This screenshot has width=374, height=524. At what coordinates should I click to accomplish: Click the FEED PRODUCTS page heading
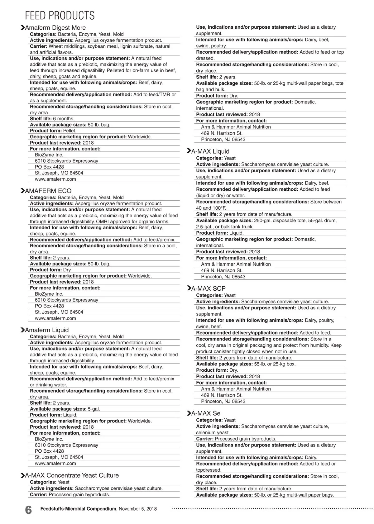pyautogui.click(x=60, y=16)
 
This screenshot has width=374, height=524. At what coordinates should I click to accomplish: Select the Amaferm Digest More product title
pyautogui.click(x=55, y=28)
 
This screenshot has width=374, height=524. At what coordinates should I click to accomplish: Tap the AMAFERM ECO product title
pyautogui.click(x=48, y=191)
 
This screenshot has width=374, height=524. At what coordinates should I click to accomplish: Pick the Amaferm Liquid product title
pyautogui.click(x=47, y=330)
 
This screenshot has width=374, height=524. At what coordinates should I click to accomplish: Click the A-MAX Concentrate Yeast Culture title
pyautogui.click(x=72, y=475)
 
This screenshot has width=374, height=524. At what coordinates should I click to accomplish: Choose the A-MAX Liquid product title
pyautogui.click(x=210, y=151)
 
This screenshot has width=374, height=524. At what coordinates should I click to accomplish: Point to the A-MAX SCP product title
pyautogui.click(x=208, y=288)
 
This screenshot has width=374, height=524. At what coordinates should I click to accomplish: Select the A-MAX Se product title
pyautogui.click(x=206, y=413)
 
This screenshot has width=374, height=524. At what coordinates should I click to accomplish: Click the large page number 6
pyautogui.click(x=28, y=510)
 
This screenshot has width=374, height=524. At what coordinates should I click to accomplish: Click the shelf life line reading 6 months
pyautogui.click(x=52, y=119)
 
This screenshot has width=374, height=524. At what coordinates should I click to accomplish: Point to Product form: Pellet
pyautogui.click(x=53, y=131)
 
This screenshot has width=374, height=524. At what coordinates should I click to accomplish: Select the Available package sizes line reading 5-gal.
pyautogui.click(x=65, y=409)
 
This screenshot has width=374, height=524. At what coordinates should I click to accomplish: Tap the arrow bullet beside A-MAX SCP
pyautogui.click(x=189, y=288)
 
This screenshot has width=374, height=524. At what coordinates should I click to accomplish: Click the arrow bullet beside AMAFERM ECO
pyautogui.click(x=22, y=191)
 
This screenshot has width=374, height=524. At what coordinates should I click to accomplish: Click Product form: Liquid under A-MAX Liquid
pyautogui.click(x=220, y=233)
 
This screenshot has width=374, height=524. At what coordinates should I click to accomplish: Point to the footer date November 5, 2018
pyautogui.click(x=138, y=509)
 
